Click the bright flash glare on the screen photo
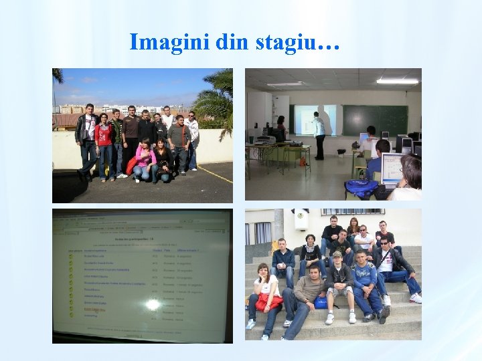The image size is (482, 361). coord(153,304)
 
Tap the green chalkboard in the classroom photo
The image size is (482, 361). coord(375,120)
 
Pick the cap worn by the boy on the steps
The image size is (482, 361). coord(337,255)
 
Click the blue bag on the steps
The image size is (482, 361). coord(322,302)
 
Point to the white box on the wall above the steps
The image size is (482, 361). coord(302,219)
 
